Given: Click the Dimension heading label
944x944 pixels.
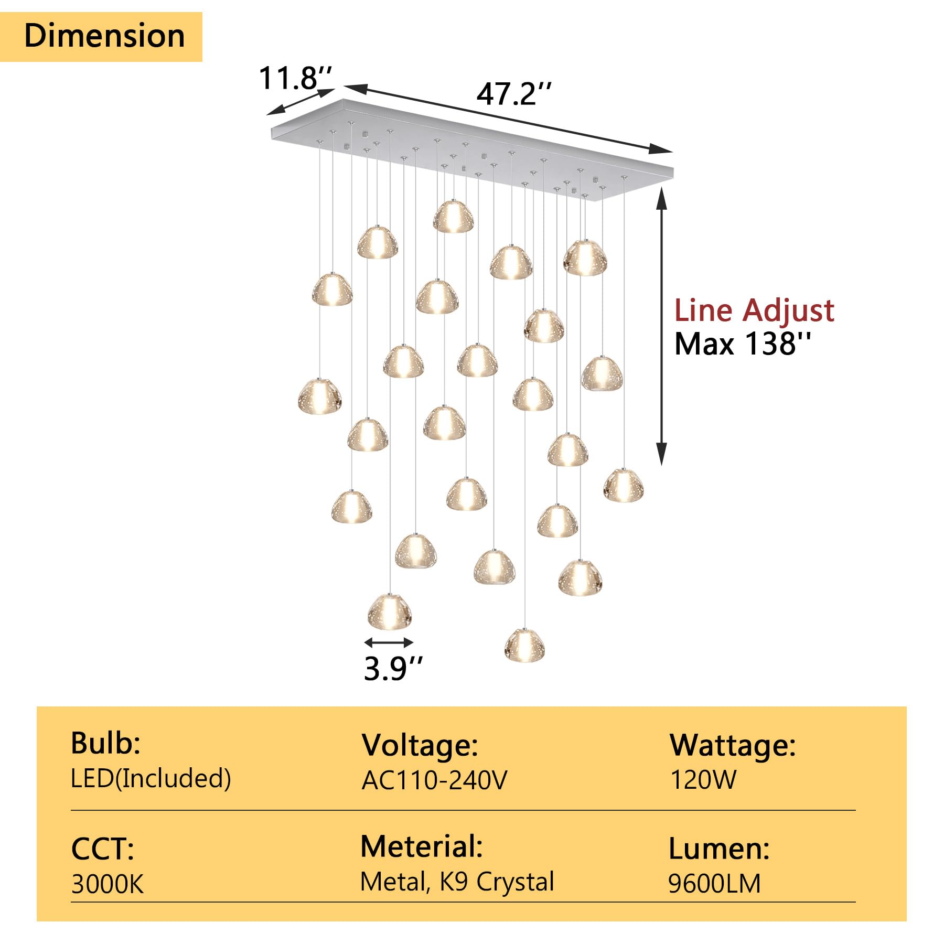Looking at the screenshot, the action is pyautogui.click(x=104, y=36).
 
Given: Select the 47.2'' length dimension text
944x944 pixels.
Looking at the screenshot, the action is pyautogui.click(x=514, y=94).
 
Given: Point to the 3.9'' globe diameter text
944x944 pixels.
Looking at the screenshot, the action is pyautogui.click(x=393, y=668).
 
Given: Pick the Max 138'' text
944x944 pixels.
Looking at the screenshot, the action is pyautogui.click(x=742, y=344).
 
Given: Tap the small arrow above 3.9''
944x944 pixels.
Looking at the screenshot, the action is pyautogui.click(x=389, y=642).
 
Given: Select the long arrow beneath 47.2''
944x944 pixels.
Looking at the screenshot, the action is pyautogui.click(x=508, y=119).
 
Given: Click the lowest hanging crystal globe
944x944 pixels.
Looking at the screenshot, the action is pyautogui.click(x=524, y=645).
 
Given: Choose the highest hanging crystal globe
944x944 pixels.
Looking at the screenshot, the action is pyautogui.click(x=453, y=216).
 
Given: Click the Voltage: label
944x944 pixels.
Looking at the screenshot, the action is pyautogui.click(x=420, y=745).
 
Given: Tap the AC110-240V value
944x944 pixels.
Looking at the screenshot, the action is pyautogui.click(x=434, y=780).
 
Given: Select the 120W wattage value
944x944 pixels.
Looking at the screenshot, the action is pyautogui.click(x=703, y=780).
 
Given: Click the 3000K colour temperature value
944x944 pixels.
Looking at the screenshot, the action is pyautogui.click(x=107, y=884).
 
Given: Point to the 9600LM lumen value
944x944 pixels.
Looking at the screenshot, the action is pyautogui.click(x=714, y=884).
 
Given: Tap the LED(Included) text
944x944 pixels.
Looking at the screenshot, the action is pyautogui.click(x=151, y=778).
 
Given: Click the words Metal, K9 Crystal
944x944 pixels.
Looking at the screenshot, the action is pyautogui.click(x=457, y=882).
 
